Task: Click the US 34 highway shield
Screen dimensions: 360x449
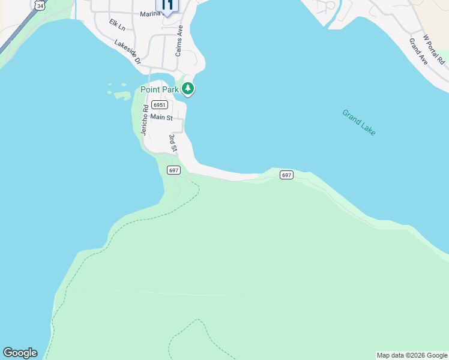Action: [x=40, y=5]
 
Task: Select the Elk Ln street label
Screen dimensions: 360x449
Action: [x=118, y=25]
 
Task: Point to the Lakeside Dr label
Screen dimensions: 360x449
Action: [x=127, y=52]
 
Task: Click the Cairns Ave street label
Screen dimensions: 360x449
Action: [x=179, y=41]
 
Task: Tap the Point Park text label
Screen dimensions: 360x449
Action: [x=160, y=89]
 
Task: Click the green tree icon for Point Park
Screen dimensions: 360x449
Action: [x=188, y=89]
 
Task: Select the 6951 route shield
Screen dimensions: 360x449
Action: [x=159, y=104]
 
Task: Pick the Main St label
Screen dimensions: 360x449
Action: [x=161, y=118]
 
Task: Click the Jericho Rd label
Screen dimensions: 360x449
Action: [x=145, y=119]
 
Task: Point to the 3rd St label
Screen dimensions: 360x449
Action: [x=173, y=143]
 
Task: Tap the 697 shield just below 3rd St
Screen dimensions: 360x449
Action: [x=173, y=170]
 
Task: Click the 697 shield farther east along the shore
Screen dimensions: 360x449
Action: [x=286, y=175]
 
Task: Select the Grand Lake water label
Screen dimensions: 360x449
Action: [x=359, y=122]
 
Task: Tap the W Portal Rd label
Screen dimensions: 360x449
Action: [x=434, y=49]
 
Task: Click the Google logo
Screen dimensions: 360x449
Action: [x=20, y=353]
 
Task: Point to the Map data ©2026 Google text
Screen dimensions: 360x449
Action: [x=412, y=355]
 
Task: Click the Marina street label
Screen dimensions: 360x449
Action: [x=150, y=13]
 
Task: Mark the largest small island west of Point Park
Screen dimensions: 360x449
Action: [x=122, y=95]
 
